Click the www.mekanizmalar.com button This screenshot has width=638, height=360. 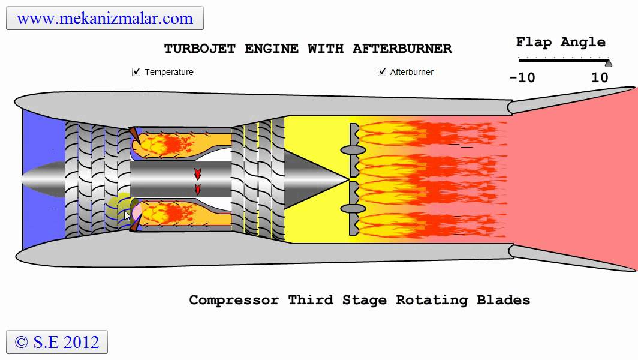tap(105, 18)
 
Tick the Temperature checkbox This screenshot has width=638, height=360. tap(136, 72)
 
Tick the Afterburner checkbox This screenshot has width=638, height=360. tap(382, 72)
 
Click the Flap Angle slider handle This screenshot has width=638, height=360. tap(608, 63)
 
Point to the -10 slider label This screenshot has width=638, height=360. tap(522, 78)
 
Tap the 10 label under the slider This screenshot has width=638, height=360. tap(600, 78)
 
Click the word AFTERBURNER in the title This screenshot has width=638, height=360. tap(402, 49)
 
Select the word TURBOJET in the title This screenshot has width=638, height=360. tap(200, 49)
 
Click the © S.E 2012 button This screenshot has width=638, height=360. tap(57, 342)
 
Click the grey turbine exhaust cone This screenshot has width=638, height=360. tap(315, 179)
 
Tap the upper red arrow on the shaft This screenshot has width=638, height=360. tap(197, 174)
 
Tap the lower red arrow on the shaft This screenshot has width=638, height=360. tap(197, 189)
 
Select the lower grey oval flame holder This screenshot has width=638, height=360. tap(353, 209)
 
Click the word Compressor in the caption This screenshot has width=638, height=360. tap(234, 300)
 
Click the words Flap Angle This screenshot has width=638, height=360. tap(561, 42)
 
